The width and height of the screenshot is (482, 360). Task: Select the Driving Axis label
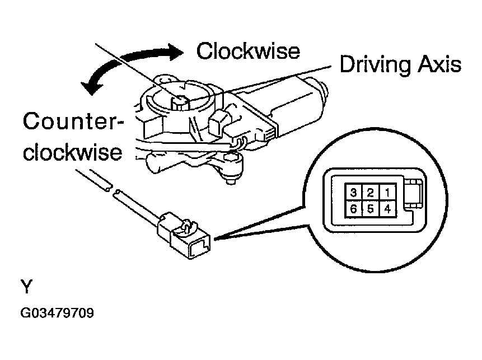tap(400, 64)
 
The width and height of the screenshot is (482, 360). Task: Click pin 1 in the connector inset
tap(386, 193)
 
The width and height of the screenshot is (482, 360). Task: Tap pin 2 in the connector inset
tap(370, 193)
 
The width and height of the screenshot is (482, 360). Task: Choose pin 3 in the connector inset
tap(354, 193)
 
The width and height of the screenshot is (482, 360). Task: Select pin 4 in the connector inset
tap(386, 209)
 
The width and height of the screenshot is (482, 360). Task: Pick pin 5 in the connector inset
tap(370, 209)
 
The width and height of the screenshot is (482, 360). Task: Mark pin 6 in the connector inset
tap(354, 209)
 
